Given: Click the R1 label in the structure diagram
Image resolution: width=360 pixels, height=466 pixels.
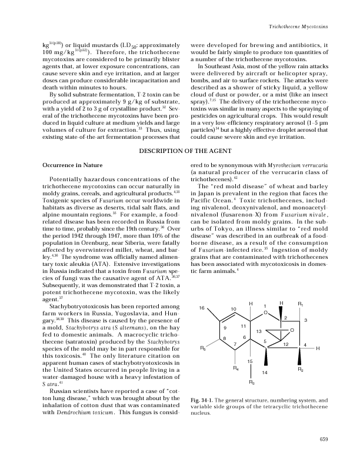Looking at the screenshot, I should click(300, 304).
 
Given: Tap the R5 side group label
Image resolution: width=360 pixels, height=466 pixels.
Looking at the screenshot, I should click(203, 349).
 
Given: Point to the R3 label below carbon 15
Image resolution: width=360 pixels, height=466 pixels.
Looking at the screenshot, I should click(252, 384).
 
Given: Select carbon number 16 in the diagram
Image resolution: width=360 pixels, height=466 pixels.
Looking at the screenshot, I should click(202, 308).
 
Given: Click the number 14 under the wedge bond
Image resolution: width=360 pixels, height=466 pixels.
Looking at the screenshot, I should click(265, 373).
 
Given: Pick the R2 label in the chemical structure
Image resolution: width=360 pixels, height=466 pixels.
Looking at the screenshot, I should click(301, 370).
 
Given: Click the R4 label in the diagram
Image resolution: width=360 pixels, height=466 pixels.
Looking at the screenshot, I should click(235, 369).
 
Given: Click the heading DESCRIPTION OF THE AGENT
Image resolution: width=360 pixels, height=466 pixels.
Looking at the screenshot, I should click(179, 151).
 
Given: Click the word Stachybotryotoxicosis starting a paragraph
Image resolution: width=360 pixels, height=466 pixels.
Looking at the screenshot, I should click(81, 307).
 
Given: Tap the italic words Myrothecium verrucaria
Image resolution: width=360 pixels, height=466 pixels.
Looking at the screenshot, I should click(297, 167).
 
